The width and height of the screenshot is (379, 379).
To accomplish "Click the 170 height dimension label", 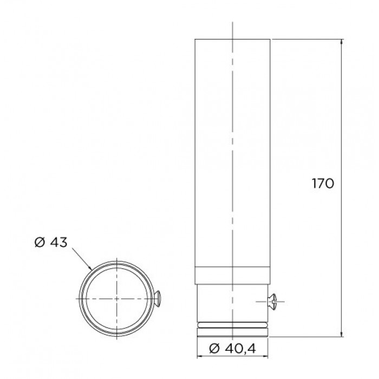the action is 323,184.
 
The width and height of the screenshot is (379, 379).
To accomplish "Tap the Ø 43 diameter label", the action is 51,242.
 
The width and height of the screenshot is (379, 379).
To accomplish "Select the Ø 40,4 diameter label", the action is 232,349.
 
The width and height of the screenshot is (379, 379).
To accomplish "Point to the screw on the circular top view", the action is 158,299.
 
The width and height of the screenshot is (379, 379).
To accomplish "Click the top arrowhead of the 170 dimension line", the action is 341,42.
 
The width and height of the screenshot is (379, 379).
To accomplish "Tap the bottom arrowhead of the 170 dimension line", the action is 341,334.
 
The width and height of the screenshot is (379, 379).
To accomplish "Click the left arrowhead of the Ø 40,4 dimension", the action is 201,356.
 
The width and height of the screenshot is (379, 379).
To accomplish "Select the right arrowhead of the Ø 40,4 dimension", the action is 265,356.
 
